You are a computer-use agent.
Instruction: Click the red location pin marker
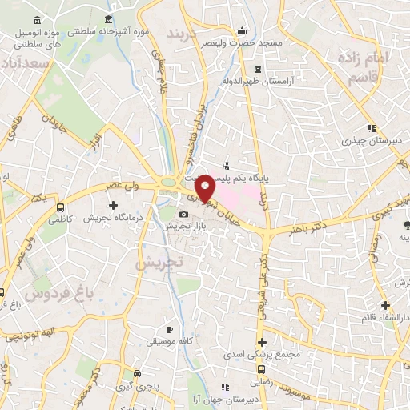pos(206,187)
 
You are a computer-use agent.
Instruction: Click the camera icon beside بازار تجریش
pos(184,214)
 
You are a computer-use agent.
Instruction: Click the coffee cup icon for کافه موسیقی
pos(169,329)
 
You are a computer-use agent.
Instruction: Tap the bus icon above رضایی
pos(262,368)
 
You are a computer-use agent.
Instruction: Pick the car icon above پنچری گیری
pos(138,373)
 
